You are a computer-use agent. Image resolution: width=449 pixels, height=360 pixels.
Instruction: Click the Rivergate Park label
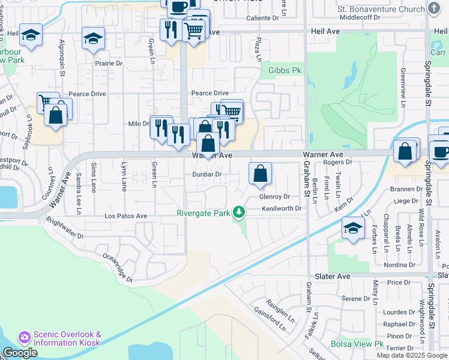(203, 213)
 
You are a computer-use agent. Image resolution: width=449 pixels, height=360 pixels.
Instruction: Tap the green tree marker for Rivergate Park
(240, 212)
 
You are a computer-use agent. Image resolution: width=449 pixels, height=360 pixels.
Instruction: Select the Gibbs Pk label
(284, 70)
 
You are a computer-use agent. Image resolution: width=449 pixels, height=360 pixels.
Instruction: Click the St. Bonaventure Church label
(381, 9)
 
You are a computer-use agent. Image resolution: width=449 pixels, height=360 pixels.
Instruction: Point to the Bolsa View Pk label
(357, 344)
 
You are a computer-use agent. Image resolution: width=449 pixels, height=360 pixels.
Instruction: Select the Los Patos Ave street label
(125, 215)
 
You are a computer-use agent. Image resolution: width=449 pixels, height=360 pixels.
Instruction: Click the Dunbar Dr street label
(207, 174)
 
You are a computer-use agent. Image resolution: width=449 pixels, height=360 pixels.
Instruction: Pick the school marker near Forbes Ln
(352, 228)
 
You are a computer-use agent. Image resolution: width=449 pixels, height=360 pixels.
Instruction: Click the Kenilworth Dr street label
(280, 209)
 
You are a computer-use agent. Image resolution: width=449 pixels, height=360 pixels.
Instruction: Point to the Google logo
(20, 353)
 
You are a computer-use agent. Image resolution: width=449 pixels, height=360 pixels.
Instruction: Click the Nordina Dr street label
(399, 265)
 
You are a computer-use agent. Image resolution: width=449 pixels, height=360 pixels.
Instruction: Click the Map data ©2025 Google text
(411, 355)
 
